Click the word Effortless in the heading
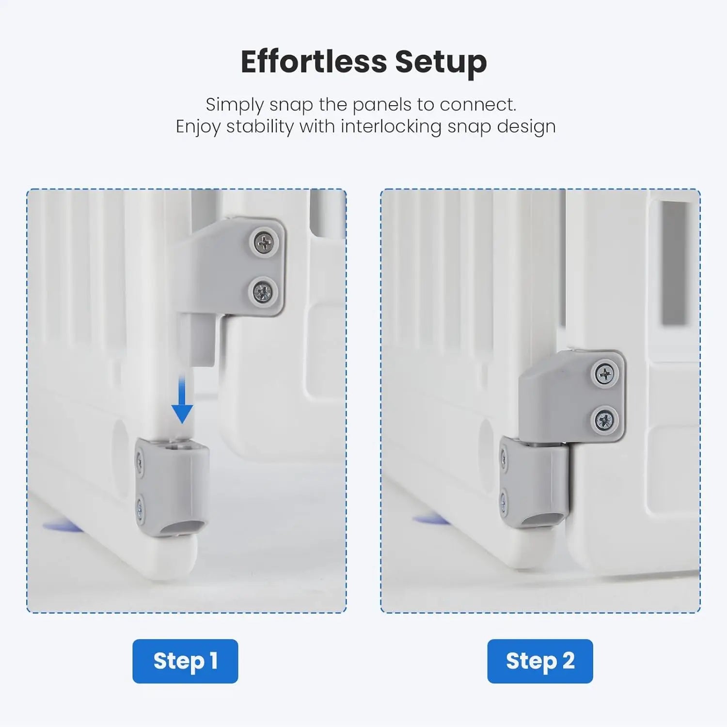(314, 62)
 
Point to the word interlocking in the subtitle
(391, 127)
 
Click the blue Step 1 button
(185, 661)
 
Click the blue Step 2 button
(540, 661)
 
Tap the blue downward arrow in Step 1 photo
(182, 400)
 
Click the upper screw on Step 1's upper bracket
(264, 242)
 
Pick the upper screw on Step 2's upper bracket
(605, 374)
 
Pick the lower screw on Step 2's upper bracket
(604, 420)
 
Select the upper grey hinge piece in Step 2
(572, 395)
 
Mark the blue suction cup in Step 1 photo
(61, 526)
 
